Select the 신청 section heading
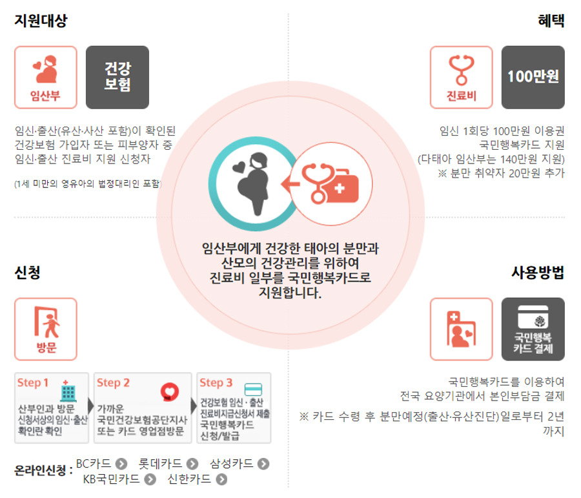(x=28, y=272)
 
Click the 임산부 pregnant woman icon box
(x=45, y=77)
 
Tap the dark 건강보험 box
(x=117, y=77)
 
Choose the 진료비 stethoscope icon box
(x=461, y=77)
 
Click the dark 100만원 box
(x=533, y=77)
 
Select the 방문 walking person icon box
(x=45, y=329)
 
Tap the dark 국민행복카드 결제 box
(x=533, y=329)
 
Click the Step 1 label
(x=34, y=382)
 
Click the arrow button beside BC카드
(x=120, y=464)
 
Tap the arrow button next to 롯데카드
(x=192, y=464)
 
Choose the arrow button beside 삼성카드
(x=263, y=464)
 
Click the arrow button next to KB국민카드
(x=150, y=479)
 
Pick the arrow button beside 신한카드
(x=222, y=479)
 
